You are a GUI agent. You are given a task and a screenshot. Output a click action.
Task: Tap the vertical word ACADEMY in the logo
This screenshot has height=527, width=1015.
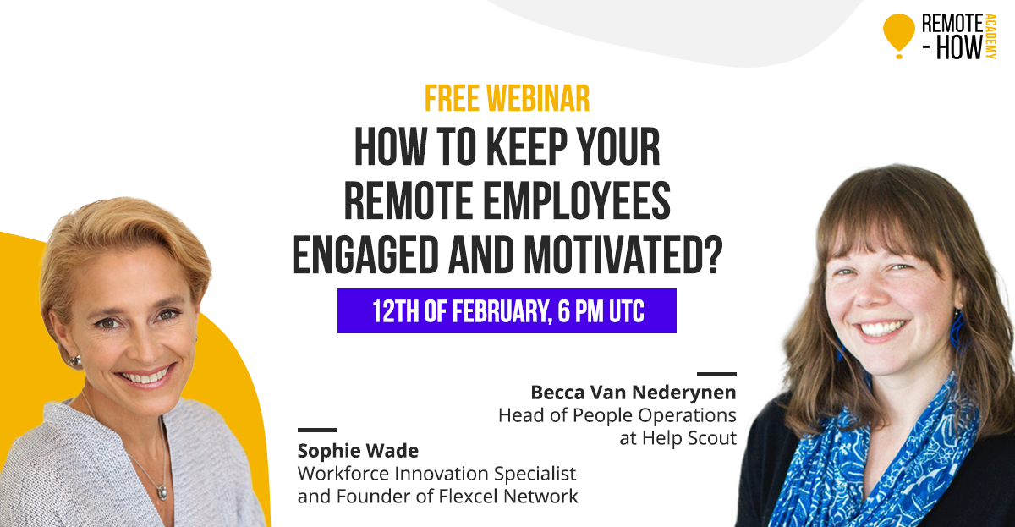[991, 36]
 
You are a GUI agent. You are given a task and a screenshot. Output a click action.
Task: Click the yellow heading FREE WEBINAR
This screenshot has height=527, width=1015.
[507, 98]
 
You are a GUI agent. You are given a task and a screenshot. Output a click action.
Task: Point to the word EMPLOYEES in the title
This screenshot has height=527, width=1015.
[577, 200]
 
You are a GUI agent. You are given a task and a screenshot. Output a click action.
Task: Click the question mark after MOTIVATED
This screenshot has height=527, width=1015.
[712, 255]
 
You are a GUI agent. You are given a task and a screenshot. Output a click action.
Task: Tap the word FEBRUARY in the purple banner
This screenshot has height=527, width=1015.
[502, 311]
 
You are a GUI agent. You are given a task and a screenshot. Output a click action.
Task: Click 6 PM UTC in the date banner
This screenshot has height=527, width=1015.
[601, 310]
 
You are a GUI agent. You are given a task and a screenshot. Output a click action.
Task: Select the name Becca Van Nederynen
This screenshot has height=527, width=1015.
[634, 393]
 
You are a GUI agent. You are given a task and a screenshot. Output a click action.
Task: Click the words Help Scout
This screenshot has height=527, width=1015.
[689, 438]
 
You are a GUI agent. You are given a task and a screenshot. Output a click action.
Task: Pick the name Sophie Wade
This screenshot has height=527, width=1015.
[358, 451]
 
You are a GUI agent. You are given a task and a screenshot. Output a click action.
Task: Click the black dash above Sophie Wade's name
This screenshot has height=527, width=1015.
[317, 430]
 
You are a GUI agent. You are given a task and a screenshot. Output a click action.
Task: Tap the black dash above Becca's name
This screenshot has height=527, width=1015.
[717, 374]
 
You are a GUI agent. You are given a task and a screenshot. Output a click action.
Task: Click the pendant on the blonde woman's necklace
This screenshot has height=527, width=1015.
[162, 492]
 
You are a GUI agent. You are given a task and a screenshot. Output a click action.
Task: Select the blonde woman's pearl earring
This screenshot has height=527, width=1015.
[74, 361]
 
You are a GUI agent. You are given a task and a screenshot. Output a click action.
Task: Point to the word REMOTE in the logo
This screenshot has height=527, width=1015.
[952, 24]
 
